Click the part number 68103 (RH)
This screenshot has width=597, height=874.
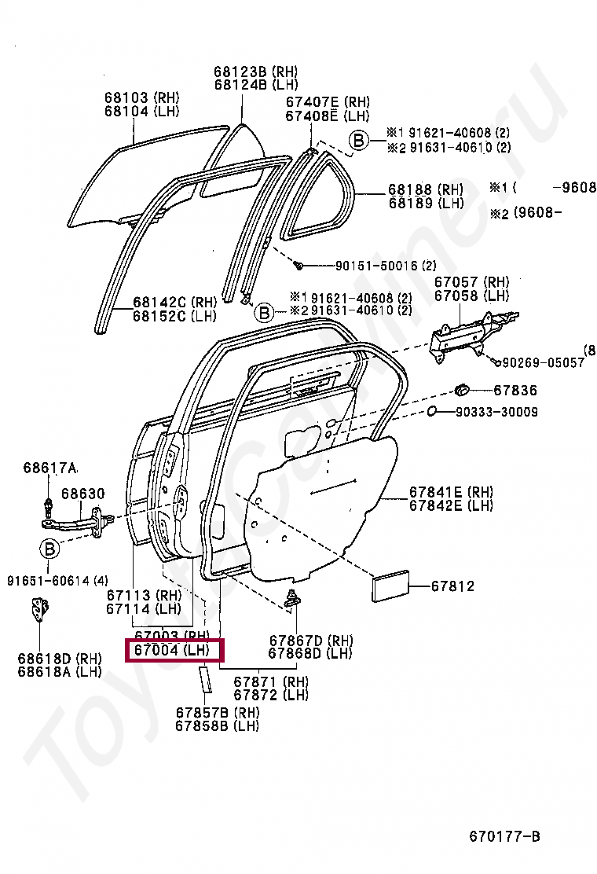tap(141, 98)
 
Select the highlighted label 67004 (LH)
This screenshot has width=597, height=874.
tap(171, 651)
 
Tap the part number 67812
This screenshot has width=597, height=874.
tap(453, 586)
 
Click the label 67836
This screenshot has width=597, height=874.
tap(515, 390)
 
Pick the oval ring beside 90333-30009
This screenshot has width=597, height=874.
tap(433, 411)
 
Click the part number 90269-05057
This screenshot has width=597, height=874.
tap(543, 362)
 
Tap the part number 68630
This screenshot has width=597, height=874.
tap(82, 494)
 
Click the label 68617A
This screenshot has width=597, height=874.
tap(49, 468)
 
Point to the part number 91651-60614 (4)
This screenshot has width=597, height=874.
tap(57, 581)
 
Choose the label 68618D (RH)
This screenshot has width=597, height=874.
tap(60, 658)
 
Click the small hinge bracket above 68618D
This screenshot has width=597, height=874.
tap(38, 611)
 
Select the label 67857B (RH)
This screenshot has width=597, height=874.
tap(217, 713)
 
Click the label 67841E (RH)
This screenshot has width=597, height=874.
tap(451, 493)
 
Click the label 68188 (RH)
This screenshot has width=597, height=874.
tap(425, 190)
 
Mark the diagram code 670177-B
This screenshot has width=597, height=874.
tap(504, 835)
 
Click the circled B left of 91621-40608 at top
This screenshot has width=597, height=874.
tap(358, 141)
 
